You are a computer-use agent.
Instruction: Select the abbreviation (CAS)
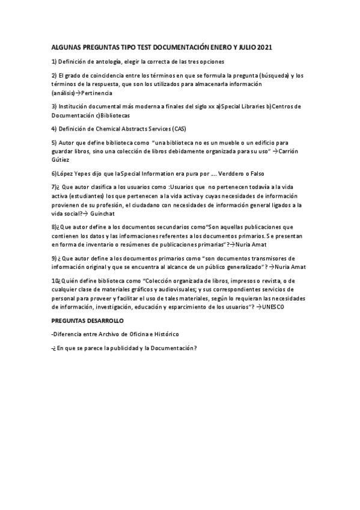click(178, 129)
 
